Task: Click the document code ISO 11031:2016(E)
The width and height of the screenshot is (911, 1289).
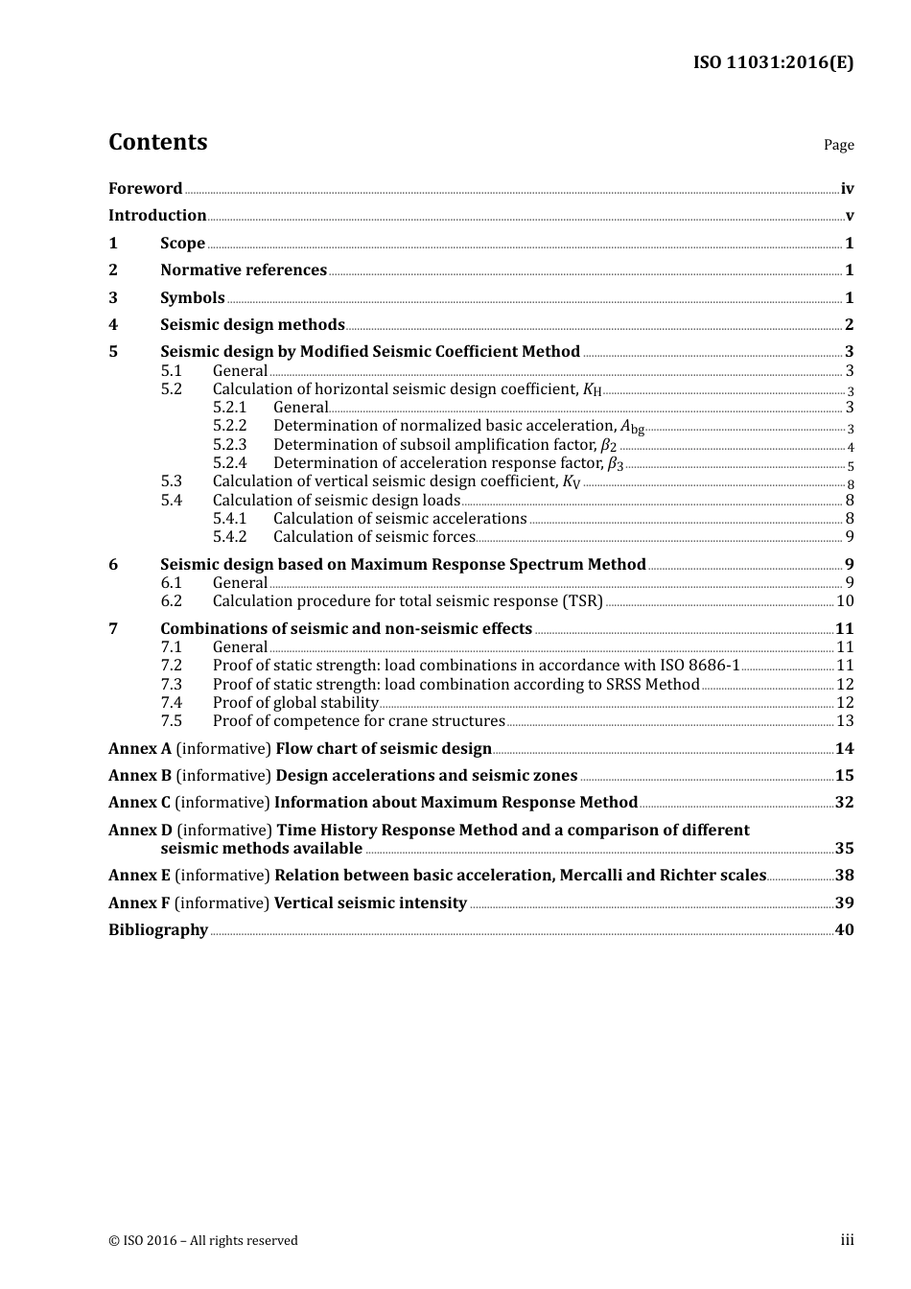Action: (x=773, y=62)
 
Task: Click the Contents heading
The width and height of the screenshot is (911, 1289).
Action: (x=157, y=142)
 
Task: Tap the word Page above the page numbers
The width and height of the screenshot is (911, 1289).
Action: (x=838, y=145)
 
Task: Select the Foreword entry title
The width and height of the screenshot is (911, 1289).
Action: (x=145, y=189)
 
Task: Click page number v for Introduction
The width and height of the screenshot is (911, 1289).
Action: (x=849, y=216)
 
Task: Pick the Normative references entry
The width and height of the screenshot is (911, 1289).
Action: (x=244, y=270)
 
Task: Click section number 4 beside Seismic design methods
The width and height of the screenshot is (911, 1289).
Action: (x=113, y=325)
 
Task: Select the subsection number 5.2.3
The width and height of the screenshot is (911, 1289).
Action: (x=229, y=445)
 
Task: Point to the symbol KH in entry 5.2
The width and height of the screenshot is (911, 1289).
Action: (x=592, y=389)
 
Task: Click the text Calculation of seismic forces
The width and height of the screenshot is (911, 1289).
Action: (x=374, y=537)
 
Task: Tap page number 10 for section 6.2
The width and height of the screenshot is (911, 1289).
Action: (x=845, y=601)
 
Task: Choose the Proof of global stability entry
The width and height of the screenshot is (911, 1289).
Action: (x=295, y=703)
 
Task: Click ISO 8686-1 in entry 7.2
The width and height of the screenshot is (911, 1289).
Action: (x=699, y=666)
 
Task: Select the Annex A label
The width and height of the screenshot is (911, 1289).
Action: (x=140, y=749)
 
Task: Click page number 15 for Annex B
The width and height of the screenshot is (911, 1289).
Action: (x=844, y=776)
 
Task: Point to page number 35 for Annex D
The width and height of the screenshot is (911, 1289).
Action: (x=844, y=849)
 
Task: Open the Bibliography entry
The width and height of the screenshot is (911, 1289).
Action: (x=158, y=930)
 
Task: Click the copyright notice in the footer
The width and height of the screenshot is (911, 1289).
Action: (x=203, y=1241)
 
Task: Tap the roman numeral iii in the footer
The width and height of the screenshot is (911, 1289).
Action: (x=847, y=1240)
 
